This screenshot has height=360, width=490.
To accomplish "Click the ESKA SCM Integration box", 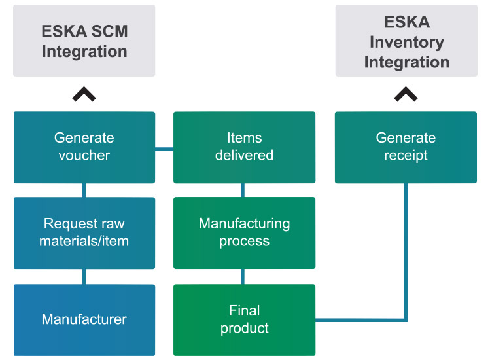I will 84,41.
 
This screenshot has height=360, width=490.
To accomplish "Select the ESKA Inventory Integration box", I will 406,41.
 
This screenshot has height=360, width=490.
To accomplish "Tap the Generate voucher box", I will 84,147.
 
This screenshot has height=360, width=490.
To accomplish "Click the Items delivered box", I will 244,147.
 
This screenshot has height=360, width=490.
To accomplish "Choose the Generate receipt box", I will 406,147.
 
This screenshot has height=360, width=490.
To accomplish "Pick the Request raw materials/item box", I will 84,232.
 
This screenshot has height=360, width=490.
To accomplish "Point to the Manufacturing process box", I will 244,232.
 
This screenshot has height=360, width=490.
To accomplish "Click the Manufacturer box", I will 84,319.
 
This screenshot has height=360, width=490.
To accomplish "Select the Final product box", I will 244,319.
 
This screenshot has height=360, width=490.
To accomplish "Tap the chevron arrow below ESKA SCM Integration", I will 84,95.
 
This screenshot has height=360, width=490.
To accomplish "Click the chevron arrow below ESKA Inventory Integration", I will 406,95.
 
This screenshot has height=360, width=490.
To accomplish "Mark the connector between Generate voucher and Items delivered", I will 164,150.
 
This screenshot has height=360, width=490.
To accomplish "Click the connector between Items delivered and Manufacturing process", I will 243,190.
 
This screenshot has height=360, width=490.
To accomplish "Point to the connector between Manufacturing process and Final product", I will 243,277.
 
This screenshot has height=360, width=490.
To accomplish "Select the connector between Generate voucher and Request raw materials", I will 84,190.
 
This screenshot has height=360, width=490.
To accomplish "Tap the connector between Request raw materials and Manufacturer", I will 84,277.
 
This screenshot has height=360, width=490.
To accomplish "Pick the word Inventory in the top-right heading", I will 406,42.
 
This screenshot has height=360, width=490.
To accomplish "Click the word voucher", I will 84,156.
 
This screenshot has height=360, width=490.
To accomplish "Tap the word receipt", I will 406,156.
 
